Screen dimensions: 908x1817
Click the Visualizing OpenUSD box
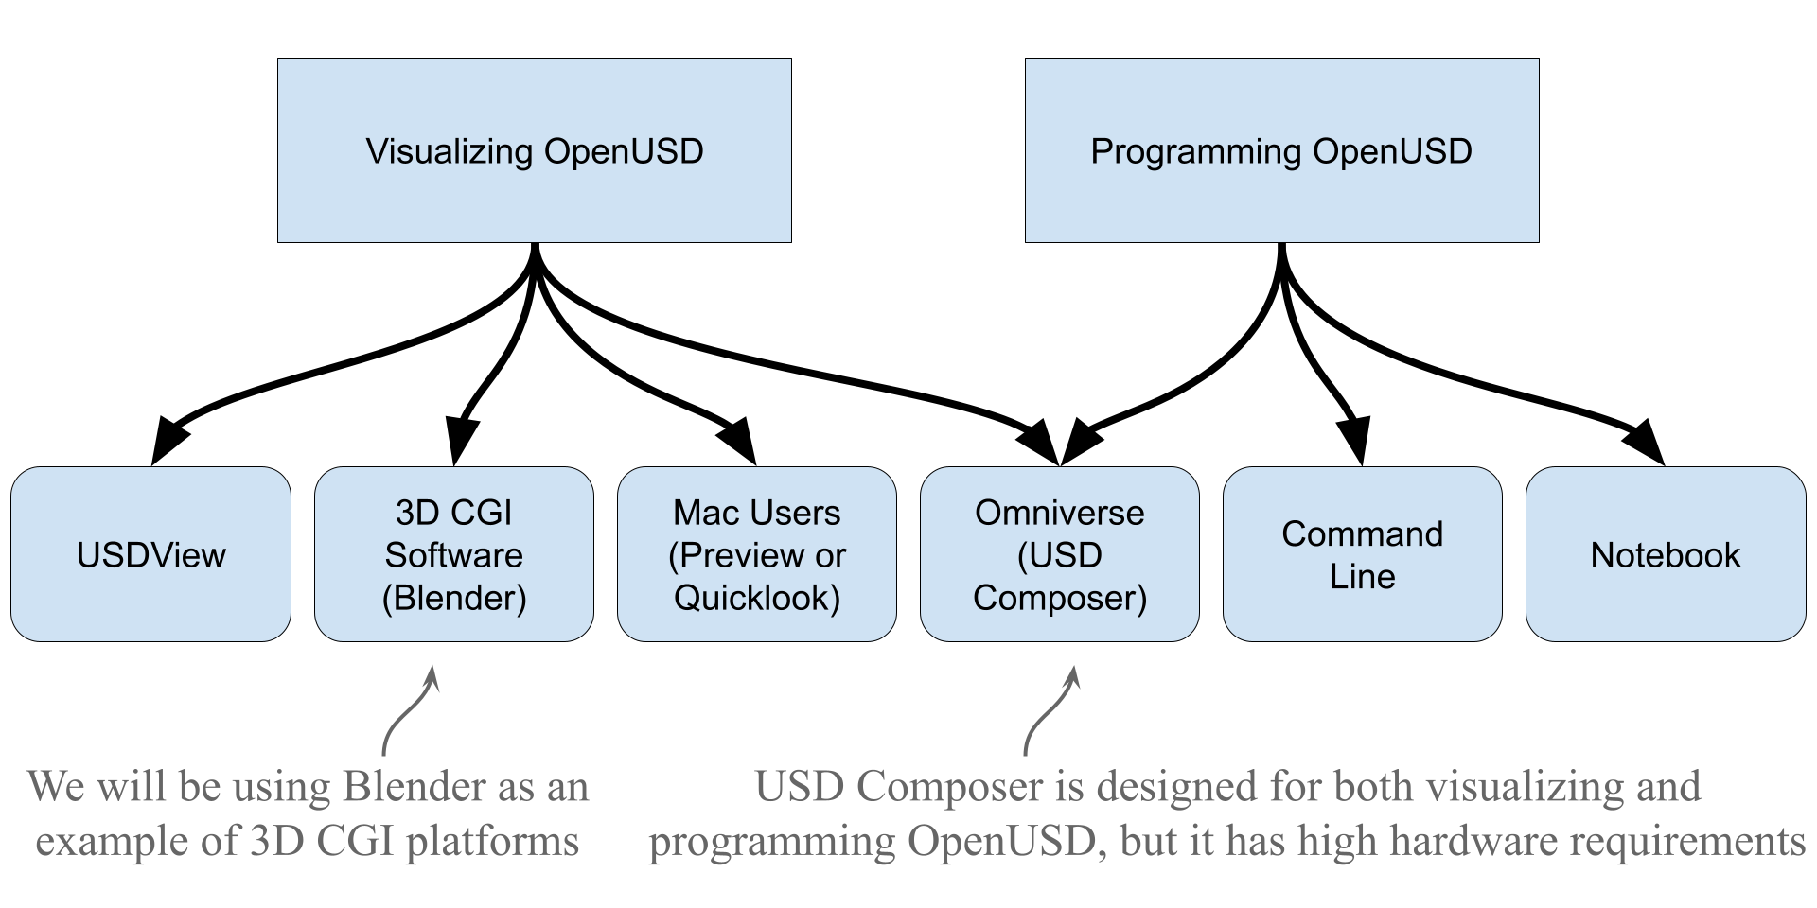coord(534,150)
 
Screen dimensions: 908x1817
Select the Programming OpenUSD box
coord(1281,150)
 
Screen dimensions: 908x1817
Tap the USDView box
coord(150,554)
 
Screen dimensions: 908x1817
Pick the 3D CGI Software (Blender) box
coord(454,554)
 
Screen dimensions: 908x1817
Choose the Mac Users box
coord(757,554)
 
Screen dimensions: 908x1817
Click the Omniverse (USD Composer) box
coord(1060,554)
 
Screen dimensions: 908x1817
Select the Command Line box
coord(1362,554)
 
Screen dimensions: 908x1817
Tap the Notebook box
coord(1666,554)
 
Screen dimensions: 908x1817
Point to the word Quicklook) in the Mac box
coord(757,598)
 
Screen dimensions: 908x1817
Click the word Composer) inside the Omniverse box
coord(1060,598)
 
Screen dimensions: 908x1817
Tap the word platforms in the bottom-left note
coord(493,841)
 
